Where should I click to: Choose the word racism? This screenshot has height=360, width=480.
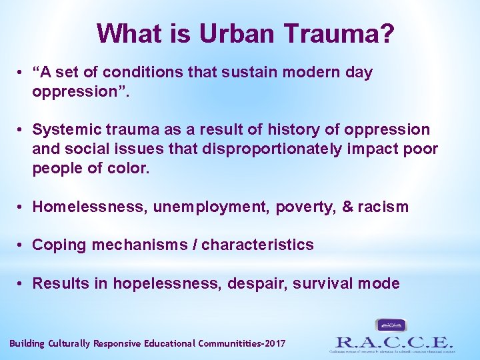(x=383, y=207)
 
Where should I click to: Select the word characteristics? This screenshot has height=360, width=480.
(x=257, y=245)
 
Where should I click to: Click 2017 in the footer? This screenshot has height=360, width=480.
(x=274, y=343)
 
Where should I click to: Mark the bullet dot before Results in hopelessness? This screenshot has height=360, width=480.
(x=22, y=283)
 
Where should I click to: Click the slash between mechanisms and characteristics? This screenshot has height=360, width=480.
(x=195, y=245)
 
